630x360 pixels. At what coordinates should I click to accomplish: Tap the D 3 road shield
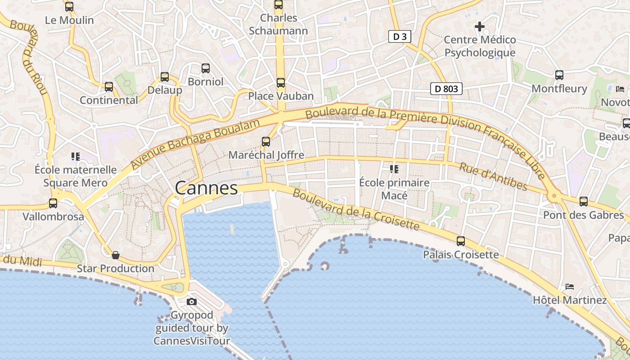[x=400, y=37]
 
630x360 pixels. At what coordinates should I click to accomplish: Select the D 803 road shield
[x=446, y=89]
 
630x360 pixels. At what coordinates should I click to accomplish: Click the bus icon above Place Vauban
[x=281, y=83]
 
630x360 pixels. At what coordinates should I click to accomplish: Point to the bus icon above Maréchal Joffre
[x=266, y=142]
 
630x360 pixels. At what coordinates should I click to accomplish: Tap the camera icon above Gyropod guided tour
[x=192, y=301]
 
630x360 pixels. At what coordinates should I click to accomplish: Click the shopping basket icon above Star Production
[x=116, y=255]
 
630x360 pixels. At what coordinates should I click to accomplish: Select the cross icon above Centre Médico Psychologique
[x=480, y=27]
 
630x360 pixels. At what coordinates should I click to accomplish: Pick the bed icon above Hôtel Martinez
[x=570, y=286]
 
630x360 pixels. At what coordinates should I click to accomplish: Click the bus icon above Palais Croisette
[x=461, y=241]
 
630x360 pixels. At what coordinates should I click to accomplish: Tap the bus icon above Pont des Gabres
[x=584, y=202]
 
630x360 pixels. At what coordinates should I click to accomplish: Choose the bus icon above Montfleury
[x=559, y=75]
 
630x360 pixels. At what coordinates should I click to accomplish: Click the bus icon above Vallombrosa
[x=53, y=203]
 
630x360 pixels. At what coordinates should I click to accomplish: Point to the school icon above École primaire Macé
[x=394, y=169]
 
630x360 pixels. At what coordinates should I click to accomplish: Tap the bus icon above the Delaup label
[x=165, y=77]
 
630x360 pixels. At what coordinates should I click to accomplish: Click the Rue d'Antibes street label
[x=493, y=176]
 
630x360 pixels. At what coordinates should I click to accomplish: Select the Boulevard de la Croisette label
[x=355, y=210]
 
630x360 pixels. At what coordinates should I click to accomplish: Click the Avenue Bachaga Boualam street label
[x=196, y=144]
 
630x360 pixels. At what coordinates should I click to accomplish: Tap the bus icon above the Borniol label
[x=206, y=68]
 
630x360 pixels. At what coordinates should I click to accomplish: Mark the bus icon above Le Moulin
[x=69, y=7]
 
